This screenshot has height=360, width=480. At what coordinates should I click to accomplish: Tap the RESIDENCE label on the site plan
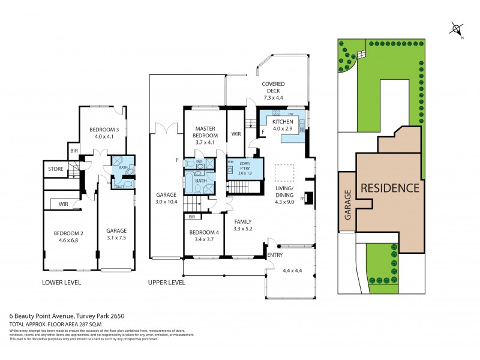coord(389,188)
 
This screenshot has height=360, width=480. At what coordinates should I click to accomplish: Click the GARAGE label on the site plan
coord(347,203)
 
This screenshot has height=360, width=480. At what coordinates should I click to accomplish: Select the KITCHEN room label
coord(283,121)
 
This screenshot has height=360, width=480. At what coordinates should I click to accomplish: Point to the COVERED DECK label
coord(272,88)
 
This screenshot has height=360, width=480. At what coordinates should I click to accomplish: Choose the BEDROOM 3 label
coord(105,129)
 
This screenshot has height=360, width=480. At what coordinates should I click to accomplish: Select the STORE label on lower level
coord(56,170)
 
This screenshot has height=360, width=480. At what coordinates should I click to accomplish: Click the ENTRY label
coord(275,255)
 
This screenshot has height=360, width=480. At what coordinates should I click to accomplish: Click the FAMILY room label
coord(242,221)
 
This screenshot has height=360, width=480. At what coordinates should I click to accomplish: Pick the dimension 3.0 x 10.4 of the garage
coord(166,202)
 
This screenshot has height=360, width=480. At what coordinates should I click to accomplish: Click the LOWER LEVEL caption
coord(61,282)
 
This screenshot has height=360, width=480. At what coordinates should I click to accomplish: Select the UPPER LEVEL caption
coord(167,282)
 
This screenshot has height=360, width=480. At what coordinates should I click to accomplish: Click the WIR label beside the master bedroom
coord(236,134)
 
